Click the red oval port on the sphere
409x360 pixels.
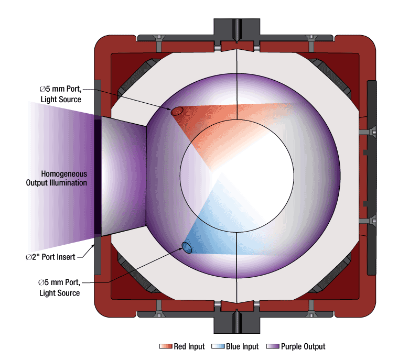point(177,111)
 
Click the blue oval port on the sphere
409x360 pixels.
point(187,247)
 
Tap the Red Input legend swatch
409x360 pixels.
point(166,347)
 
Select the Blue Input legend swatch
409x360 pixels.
point(218,347)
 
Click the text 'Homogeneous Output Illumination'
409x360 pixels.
point(57,178)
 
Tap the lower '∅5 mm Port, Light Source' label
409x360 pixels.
point(59,288)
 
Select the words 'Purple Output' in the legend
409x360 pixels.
point(303,347)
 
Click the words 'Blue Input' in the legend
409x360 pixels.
point(242,347)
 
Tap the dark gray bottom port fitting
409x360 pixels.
point(237,322)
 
